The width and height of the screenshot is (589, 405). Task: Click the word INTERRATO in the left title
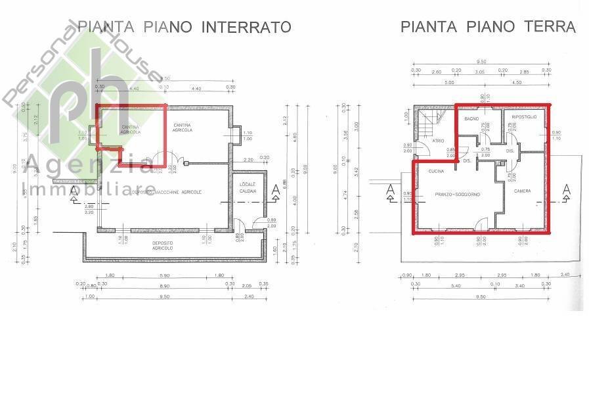[x=246, y=27]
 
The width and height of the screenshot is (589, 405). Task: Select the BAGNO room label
[x=471, y=118]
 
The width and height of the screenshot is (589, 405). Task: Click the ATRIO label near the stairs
[x=437, y=141]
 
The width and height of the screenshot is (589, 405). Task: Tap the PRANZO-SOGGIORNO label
[x=457, y=195]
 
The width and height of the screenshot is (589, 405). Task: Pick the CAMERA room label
[x=522, y=191]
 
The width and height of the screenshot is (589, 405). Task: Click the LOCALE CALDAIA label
[x=248, y=186]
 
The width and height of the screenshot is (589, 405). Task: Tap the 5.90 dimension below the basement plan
[x=164, y=275]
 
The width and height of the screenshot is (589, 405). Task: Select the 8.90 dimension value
[x=164, y=287]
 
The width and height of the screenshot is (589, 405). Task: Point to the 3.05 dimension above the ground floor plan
[x=479, y=71]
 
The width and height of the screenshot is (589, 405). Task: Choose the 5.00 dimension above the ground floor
[x=448, y=83]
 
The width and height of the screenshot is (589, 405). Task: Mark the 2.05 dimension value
[x=246, y=287]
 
